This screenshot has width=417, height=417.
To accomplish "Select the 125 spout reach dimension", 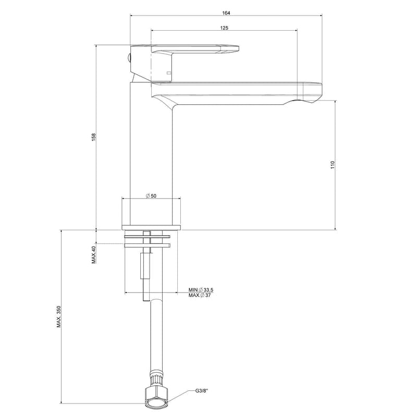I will tap(224, 28).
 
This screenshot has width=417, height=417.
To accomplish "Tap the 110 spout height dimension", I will tap(332, 166).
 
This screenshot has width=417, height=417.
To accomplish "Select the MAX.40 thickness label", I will tap(94, 254).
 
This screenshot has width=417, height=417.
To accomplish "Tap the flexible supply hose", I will tap(155, 334).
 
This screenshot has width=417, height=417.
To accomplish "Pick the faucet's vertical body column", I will tap(151, 156).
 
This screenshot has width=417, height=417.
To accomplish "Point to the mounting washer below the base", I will tap(147, 242).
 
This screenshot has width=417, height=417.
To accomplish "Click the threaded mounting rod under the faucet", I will tap(144, 268).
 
